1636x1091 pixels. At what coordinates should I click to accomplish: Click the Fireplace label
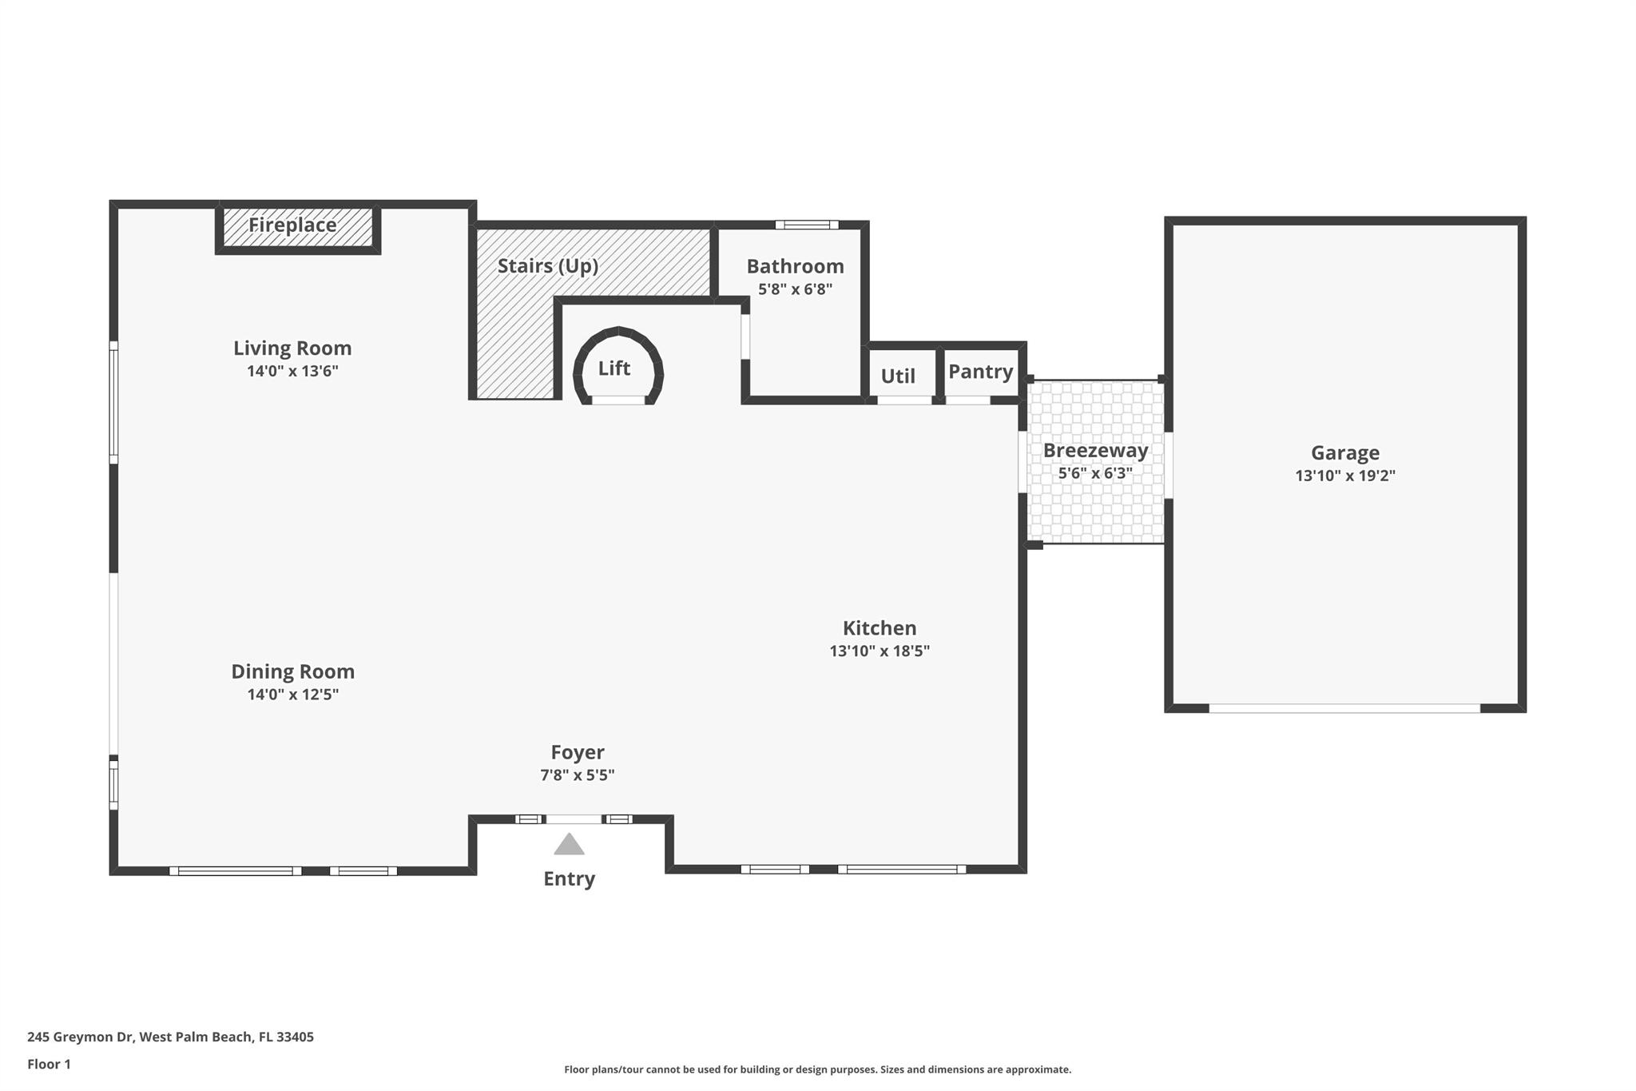tap(292, 225)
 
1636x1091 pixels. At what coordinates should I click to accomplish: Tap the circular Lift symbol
tap(618, 368)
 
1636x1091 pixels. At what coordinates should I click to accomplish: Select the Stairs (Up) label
tap(548, 266)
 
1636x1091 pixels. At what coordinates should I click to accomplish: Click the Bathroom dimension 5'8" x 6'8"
tap(795, 289)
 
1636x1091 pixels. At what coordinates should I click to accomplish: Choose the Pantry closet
tap(980, 372)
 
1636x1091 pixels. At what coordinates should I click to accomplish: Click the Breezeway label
tap(1095, 451)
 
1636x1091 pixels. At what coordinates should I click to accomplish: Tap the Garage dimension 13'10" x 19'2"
tap(1345, 476)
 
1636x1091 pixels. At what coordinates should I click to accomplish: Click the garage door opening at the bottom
tap(1344, 708)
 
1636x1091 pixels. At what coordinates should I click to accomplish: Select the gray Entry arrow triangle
tap(569, 845)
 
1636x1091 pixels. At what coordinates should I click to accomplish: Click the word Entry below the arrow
tap(569, 879)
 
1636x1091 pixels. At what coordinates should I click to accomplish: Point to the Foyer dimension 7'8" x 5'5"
tap(577, 774)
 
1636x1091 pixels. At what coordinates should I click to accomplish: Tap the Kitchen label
tap(880, 628)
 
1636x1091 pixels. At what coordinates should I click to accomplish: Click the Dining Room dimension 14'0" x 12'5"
tap(292, 695)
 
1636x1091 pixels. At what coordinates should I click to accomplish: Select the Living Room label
tap(292, 348)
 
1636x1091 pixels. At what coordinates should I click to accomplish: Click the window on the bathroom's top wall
tap(807, 225)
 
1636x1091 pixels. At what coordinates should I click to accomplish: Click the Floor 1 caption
tap(49, 1064)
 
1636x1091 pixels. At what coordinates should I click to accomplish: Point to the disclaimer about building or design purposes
tap(817, 1069)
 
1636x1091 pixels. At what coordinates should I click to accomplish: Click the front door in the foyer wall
tap(574, 819)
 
